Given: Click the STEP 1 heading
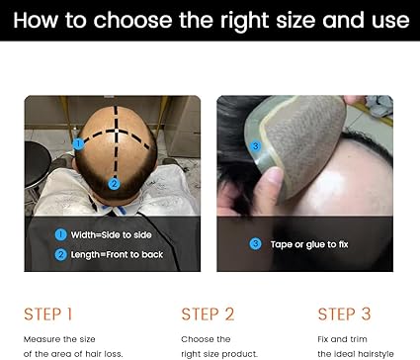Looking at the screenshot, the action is [47, 314].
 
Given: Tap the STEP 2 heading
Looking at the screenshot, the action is [208, 314].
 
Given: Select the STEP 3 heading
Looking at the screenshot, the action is [344, 314].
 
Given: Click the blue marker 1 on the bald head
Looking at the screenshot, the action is [78, 143].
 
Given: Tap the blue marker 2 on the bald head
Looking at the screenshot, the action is [114, 184].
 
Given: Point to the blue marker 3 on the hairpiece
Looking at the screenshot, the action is [255, 146].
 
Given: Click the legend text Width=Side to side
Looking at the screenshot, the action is [111, 234].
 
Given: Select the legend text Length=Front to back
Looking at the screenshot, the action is [117, 254].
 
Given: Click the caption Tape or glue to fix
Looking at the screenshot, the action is [309, 244].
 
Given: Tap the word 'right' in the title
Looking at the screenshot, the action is [244, 21].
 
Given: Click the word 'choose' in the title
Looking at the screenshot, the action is [132, 21].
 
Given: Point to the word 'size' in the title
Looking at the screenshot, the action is [295, 21].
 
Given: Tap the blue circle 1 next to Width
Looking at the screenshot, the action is [60, 234].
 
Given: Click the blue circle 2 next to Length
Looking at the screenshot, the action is [60, 254].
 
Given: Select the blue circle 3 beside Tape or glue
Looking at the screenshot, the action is [255, 244].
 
